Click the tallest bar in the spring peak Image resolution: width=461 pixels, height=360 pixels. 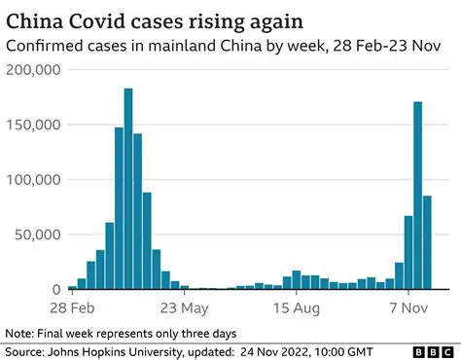coord(128,190)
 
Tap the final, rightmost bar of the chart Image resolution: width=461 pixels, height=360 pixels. coord(427,242)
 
